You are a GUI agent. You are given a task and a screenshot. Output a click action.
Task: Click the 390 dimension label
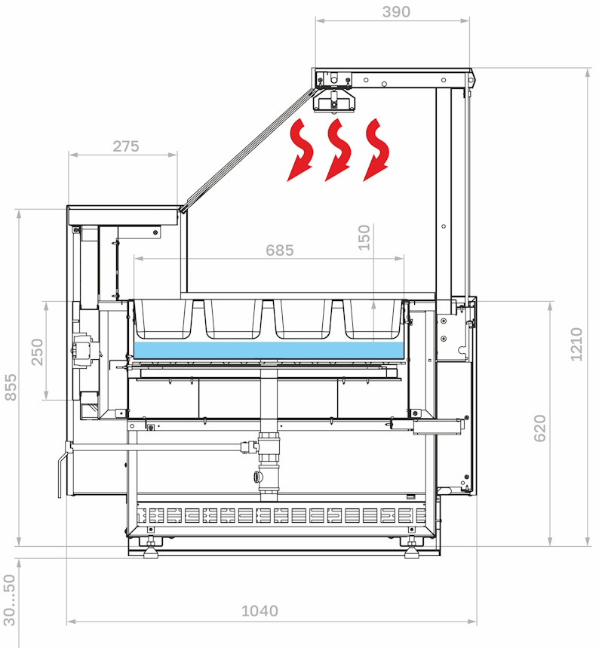(396, 11)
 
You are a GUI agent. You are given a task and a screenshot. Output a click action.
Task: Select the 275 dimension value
(126, 146)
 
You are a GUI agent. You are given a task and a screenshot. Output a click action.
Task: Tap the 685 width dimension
(279, 250)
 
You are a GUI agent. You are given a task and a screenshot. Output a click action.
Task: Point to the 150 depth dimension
(364, 237)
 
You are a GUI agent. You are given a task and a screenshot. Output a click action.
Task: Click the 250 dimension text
(37, 352)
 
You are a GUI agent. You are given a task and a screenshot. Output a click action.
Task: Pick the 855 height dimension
(11, 387)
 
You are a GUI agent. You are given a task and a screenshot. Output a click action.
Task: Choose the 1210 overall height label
(576, 344)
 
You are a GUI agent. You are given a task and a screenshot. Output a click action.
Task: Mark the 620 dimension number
(539, 428)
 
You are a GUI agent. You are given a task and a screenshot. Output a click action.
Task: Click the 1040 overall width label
(260, 611)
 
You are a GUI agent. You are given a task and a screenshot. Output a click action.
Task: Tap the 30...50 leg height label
(9, 600)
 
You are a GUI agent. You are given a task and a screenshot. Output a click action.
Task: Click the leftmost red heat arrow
(300, 149)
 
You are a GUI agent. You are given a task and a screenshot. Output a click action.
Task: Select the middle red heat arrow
(338, 149)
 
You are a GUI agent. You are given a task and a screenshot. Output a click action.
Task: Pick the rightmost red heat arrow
(376, 149)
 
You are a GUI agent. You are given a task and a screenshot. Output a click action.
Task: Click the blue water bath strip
(269, 350)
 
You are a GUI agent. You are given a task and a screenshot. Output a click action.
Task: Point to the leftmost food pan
(164, 318)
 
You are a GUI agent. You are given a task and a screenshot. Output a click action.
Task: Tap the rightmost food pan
(373, 318)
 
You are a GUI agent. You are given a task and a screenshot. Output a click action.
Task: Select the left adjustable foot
(151, 548)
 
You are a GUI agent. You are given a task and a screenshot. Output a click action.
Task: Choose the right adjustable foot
(412, 548)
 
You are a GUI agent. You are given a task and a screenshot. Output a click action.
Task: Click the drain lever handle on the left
(62, 471)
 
